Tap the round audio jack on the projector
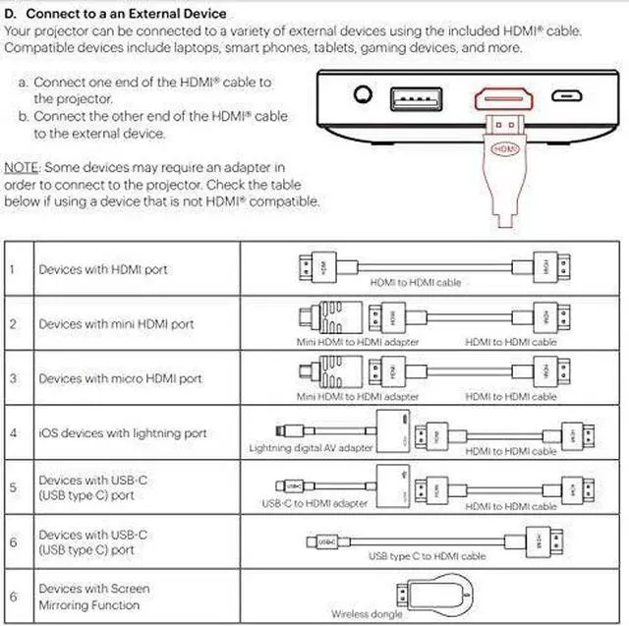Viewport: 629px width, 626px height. (365, 96)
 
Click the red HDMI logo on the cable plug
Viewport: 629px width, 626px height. (504, 149)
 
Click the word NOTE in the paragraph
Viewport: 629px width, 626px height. (21, 168)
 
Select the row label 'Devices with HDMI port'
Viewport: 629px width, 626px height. (103, 269)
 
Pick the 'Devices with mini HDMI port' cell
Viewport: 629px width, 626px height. (116, 324)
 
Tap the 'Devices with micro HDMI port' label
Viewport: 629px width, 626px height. (120, 378)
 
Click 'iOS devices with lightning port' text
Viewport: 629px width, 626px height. (123, 433)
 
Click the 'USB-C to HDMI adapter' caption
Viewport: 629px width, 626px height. (315, 503)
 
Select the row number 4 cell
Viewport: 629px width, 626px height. (13, 433)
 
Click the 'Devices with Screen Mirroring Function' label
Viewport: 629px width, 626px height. (94, 597)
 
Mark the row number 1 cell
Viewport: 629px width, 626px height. (13, 269)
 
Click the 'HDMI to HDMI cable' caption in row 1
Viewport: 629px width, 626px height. (415, 283)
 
